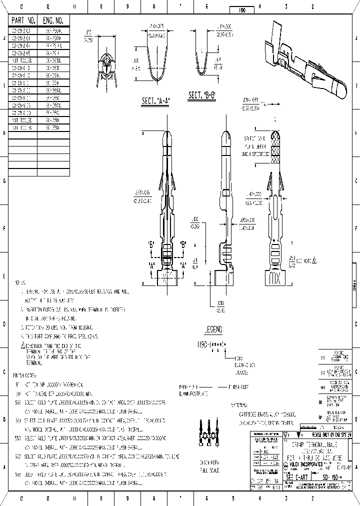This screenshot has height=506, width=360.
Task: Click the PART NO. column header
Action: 23,20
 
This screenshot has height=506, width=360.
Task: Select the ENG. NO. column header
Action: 53,20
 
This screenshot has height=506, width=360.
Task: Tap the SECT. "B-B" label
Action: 201,94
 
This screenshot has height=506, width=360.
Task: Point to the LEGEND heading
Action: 213,329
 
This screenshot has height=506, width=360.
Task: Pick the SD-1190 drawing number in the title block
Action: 331,478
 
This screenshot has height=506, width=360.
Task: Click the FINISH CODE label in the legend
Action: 238,386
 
